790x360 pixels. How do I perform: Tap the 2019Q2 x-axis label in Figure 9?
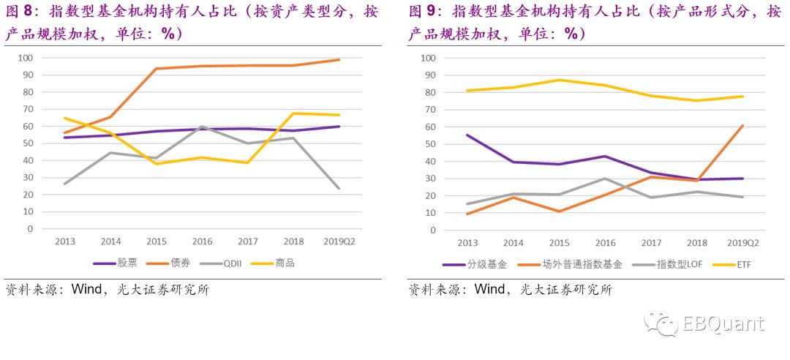coord(743,242)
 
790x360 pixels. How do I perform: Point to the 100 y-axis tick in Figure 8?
coord(26,57)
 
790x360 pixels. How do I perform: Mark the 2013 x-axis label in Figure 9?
coord(467,242)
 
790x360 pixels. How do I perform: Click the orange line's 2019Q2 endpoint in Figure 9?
coord(743,126)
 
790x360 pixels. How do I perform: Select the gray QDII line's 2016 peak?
coord(202,127)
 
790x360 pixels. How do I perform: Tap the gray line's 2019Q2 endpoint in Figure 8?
coord(339,188)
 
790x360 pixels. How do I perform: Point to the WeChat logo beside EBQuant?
coord(661,323)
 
